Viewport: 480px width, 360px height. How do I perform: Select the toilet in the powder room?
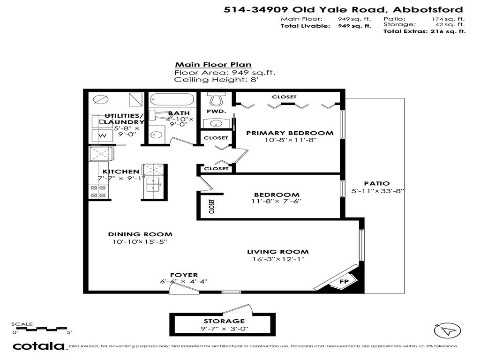coord(216,99)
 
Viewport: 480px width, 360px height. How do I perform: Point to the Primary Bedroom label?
coord(290,133)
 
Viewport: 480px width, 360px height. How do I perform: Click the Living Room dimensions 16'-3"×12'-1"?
coord(278,259)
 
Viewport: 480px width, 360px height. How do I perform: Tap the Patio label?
coord(377,183)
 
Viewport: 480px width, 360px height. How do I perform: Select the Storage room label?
coord(224,321)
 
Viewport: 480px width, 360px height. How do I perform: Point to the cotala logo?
coord(38,346)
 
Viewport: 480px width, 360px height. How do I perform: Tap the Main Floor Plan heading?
coord(213,65)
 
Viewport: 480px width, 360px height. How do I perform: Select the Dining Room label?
coord(140,234)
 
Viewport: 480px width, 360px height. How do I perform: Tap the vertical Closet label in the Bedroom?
coord(212,206)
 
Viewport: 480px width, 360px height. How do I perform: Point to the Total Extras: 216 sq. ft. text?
coord(424,31)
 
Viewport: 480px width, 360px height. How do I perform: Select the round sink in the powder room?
coord(215,123)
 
